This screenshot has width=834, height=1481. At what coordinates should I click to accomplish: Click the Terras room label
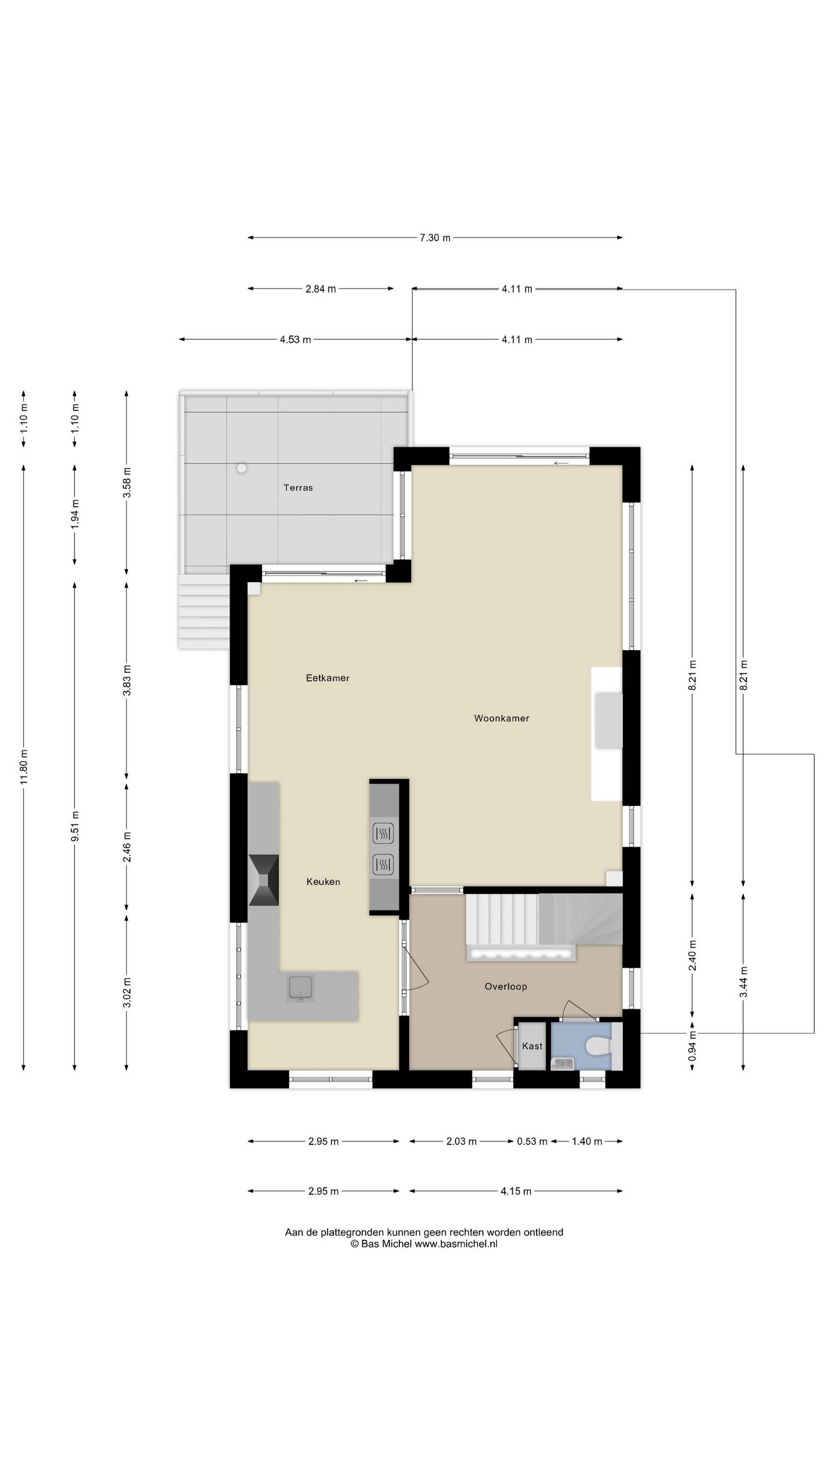[x=298, y=487]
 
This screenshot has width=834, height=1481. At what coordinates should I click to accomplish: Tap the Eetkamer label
[x=327, y=678]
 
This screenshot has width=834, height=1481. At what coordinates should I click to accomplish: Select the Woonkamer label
[x=501, y=718]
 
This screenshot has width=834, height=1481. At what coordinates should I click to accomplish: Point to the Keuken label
[x=323, y=882]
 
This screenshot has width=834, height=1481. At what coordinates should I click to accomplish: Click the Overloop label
[x=506, y=986]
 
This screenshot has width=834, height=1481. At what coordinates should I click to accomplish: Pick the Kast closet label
[x=532, y=1046]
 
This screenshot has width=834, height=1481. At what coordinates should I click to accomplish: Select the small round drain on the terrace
[x=242, y=468]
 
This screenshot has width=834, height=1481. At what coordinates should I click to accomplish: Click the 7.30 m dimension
[x=435, y=237]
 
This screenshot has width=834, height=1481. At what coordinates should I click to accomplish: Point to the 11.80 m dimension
[x=23, y=767]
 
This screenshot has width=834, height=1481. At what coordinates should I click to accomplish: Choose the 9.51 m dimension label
[x=75, y=826]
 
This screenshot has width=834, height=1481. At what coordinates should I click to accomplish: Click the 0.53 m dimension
[x=532, y=1141]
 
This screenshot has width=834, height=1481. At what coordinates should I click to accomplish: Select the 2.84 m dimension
[x=321, y=289]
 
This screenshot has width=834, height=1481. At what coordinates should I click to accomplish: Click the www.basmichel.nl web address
[x=456, y=1244]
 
